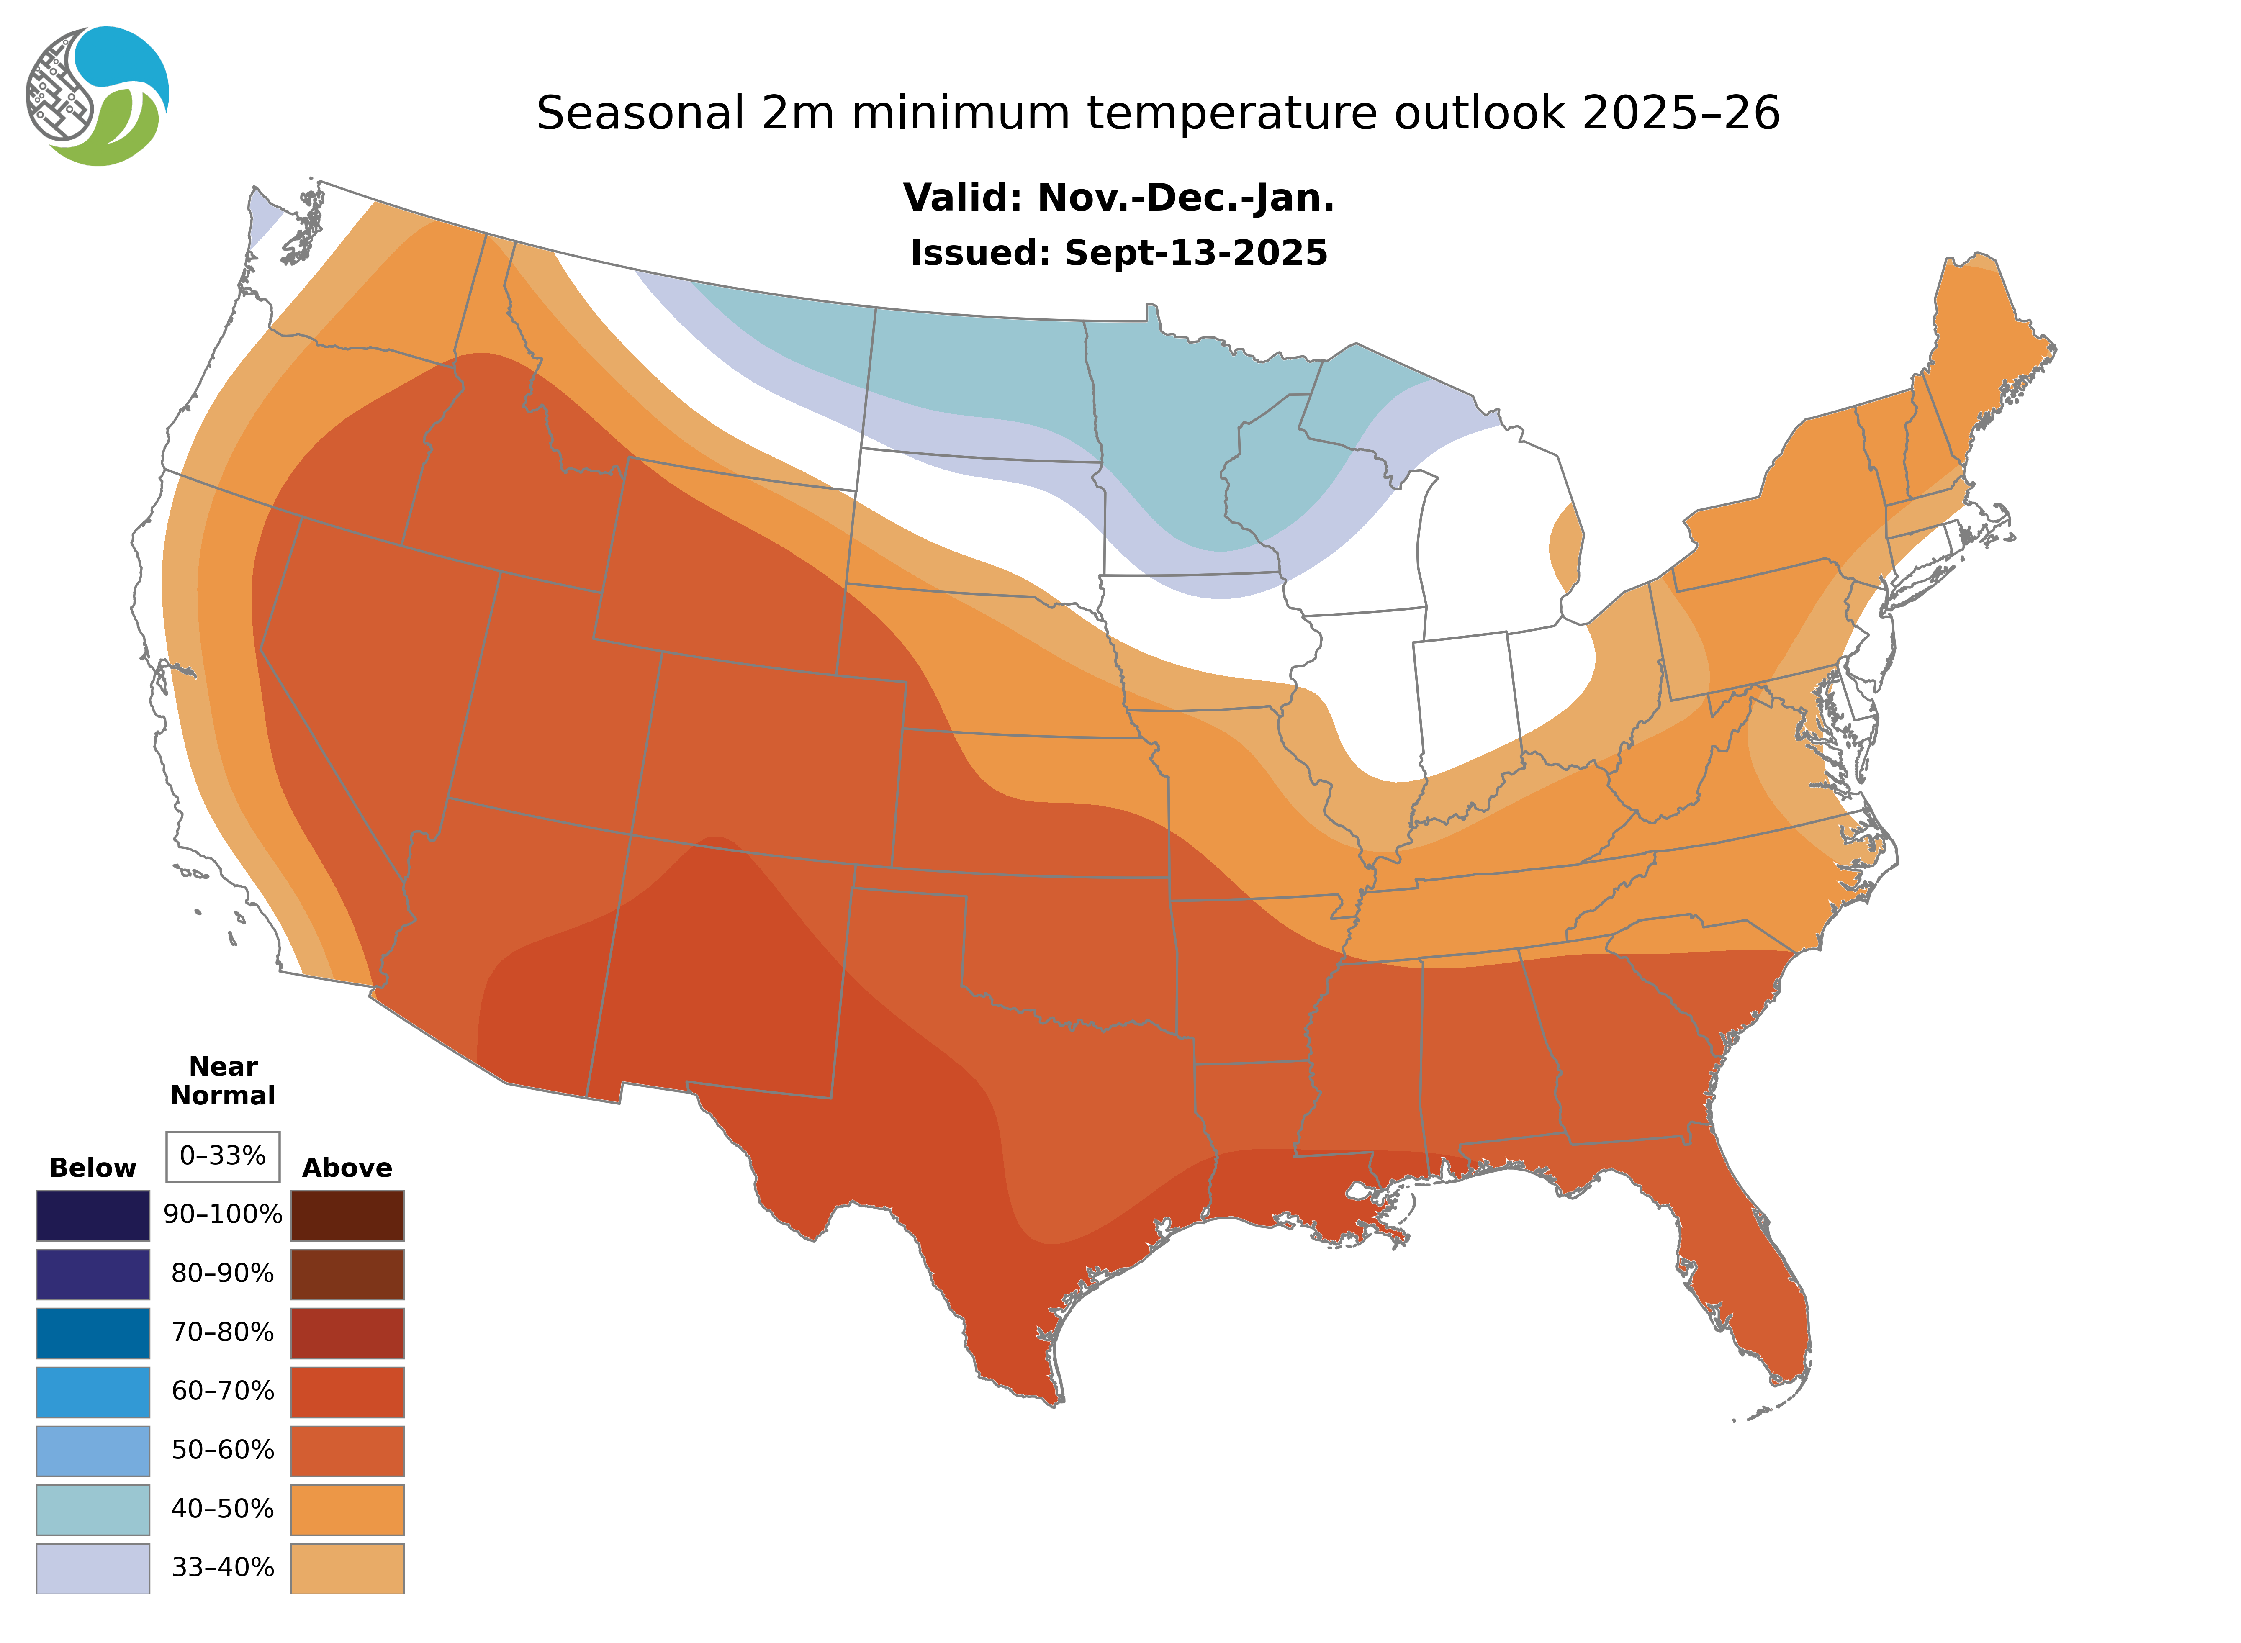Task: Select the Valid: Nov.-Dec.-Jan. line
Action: point(1118,198)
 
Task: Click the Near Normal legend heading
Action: point(223,1081)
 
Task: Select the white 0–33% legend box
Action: point(223,1156)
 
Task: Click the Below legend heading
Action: point(93,1168)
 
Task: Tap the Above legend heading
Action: point(347,1168)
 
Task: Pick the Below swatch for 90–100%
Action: point(93,1215)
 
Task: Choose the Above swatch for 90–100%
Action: point(347,1215)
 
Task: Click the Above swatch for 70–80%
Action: point(347,1333)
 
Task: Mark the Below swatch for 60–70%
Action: point(93,1391)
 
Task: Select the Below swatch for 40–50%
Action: point(93,1509)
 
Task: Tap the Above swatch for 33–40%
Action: point(347,1567)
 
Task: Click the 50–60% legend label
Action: point(223,1450)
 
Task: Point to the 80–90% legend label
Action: point(223,1274)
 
